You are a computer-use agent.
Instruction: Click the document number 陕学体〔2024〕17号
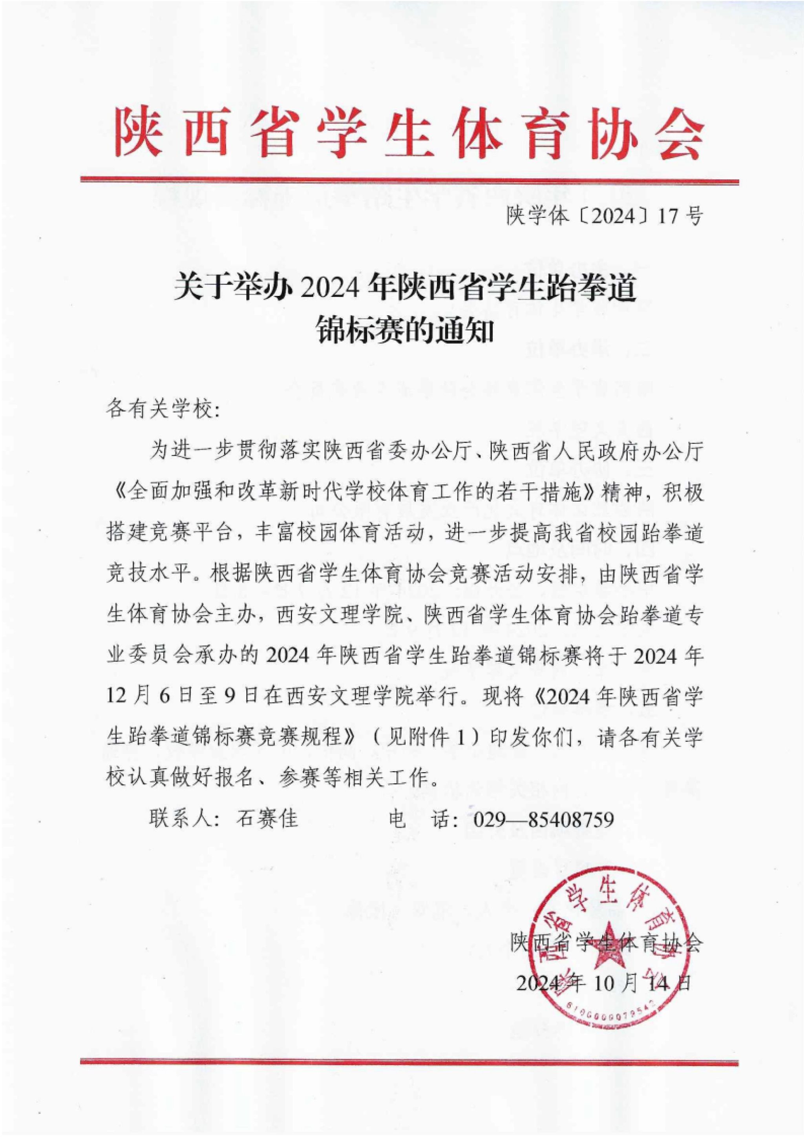(603, 216)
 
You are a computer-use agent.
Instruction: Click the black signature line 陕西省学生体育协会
(607, 943)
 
